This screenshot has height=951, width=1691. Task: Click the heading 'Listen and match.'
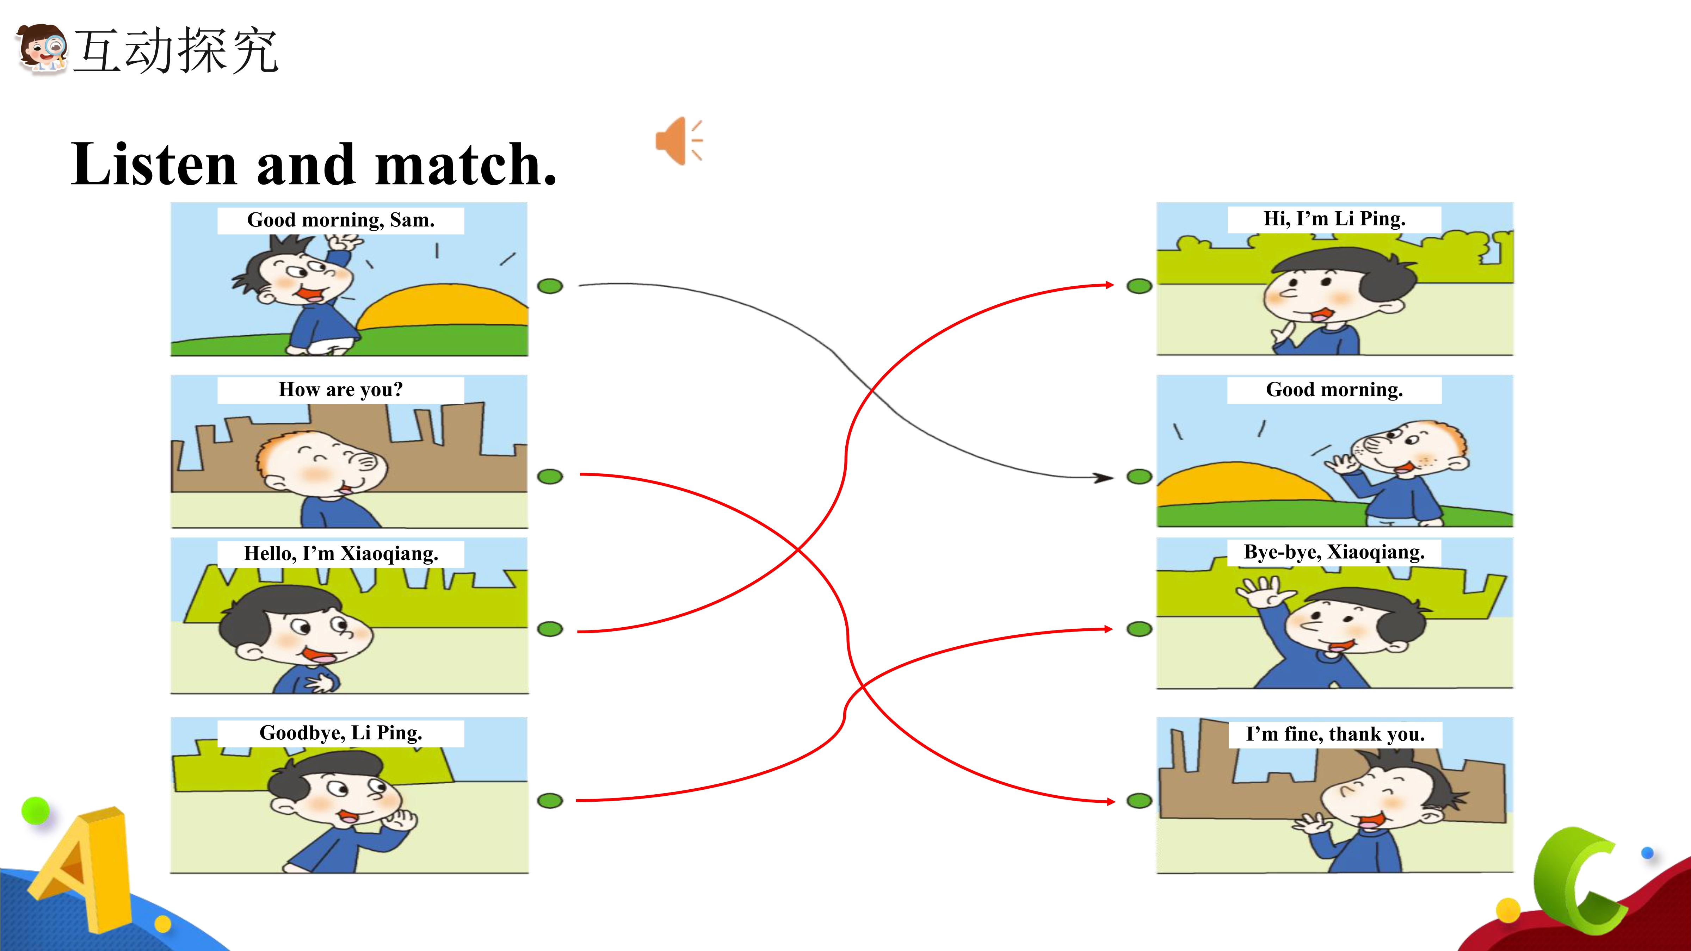click(x=314, y=164)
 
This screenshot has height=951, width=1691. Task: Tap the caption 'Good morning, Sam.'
click(x=341, y=220)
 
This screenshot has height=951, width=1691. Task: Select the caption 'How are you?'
click(x=341, y=390)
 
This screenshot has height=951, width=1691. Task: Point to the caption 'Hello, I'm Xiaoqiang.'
click(x=341, y=553)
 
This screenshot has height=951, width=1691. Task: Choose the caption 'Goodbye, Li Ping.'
click(x=341, y=733)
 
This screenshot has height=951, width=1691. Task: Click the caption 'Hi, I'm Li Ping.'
click(x=1334, y=218)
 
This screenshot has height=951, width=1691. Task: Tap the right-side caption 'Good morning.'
click(x=1334, y=390)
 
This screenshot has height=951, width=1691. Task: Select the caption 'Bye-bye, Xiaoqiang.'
click(x=1334, y=552)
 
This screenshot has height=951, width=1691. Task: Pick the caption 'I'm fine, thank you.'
click(x=1335, y=734)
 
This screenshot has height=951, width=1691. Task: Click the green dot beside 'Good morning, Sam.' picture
click(x=550, y=286)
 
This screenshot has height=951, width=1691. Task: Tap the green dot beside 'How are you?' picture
click(x=550, y=477)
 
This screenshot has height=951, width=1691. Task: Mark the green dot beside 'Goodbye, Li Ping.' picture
click(x=550, y=801)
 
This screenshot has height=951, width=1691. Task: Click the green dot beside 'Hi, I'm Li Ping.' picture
click(x=1140, y=286)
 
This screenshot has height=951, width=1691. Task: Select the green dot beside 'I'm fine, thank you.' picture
click(x=1140, y=801)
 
